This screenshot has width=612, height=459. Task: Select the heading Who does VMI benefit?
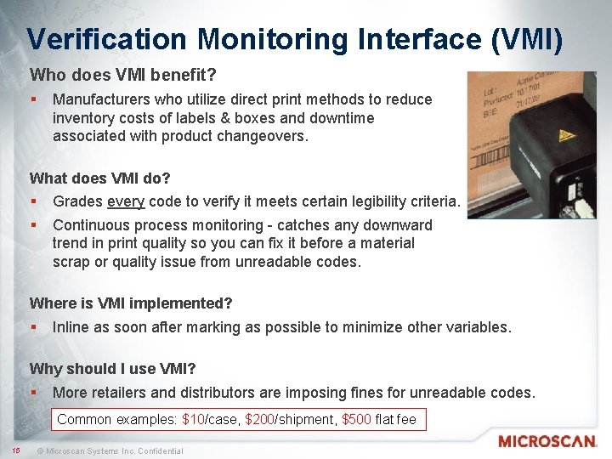tap(111, 76)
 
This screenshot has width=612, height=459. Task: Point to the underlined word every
tap(126, 202)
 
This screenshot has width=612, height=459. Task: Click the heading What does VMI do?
tap(100, 178)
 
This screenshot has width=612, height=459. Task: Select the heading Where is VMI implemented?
tap(131, 303)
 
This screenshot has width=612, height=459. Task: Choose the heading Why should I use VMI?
tap(113, 368)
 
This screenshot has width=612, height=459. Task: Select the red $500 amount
tap(356, 420)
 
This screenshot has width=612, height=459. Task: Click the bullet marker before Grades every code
tap(33, 202)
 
